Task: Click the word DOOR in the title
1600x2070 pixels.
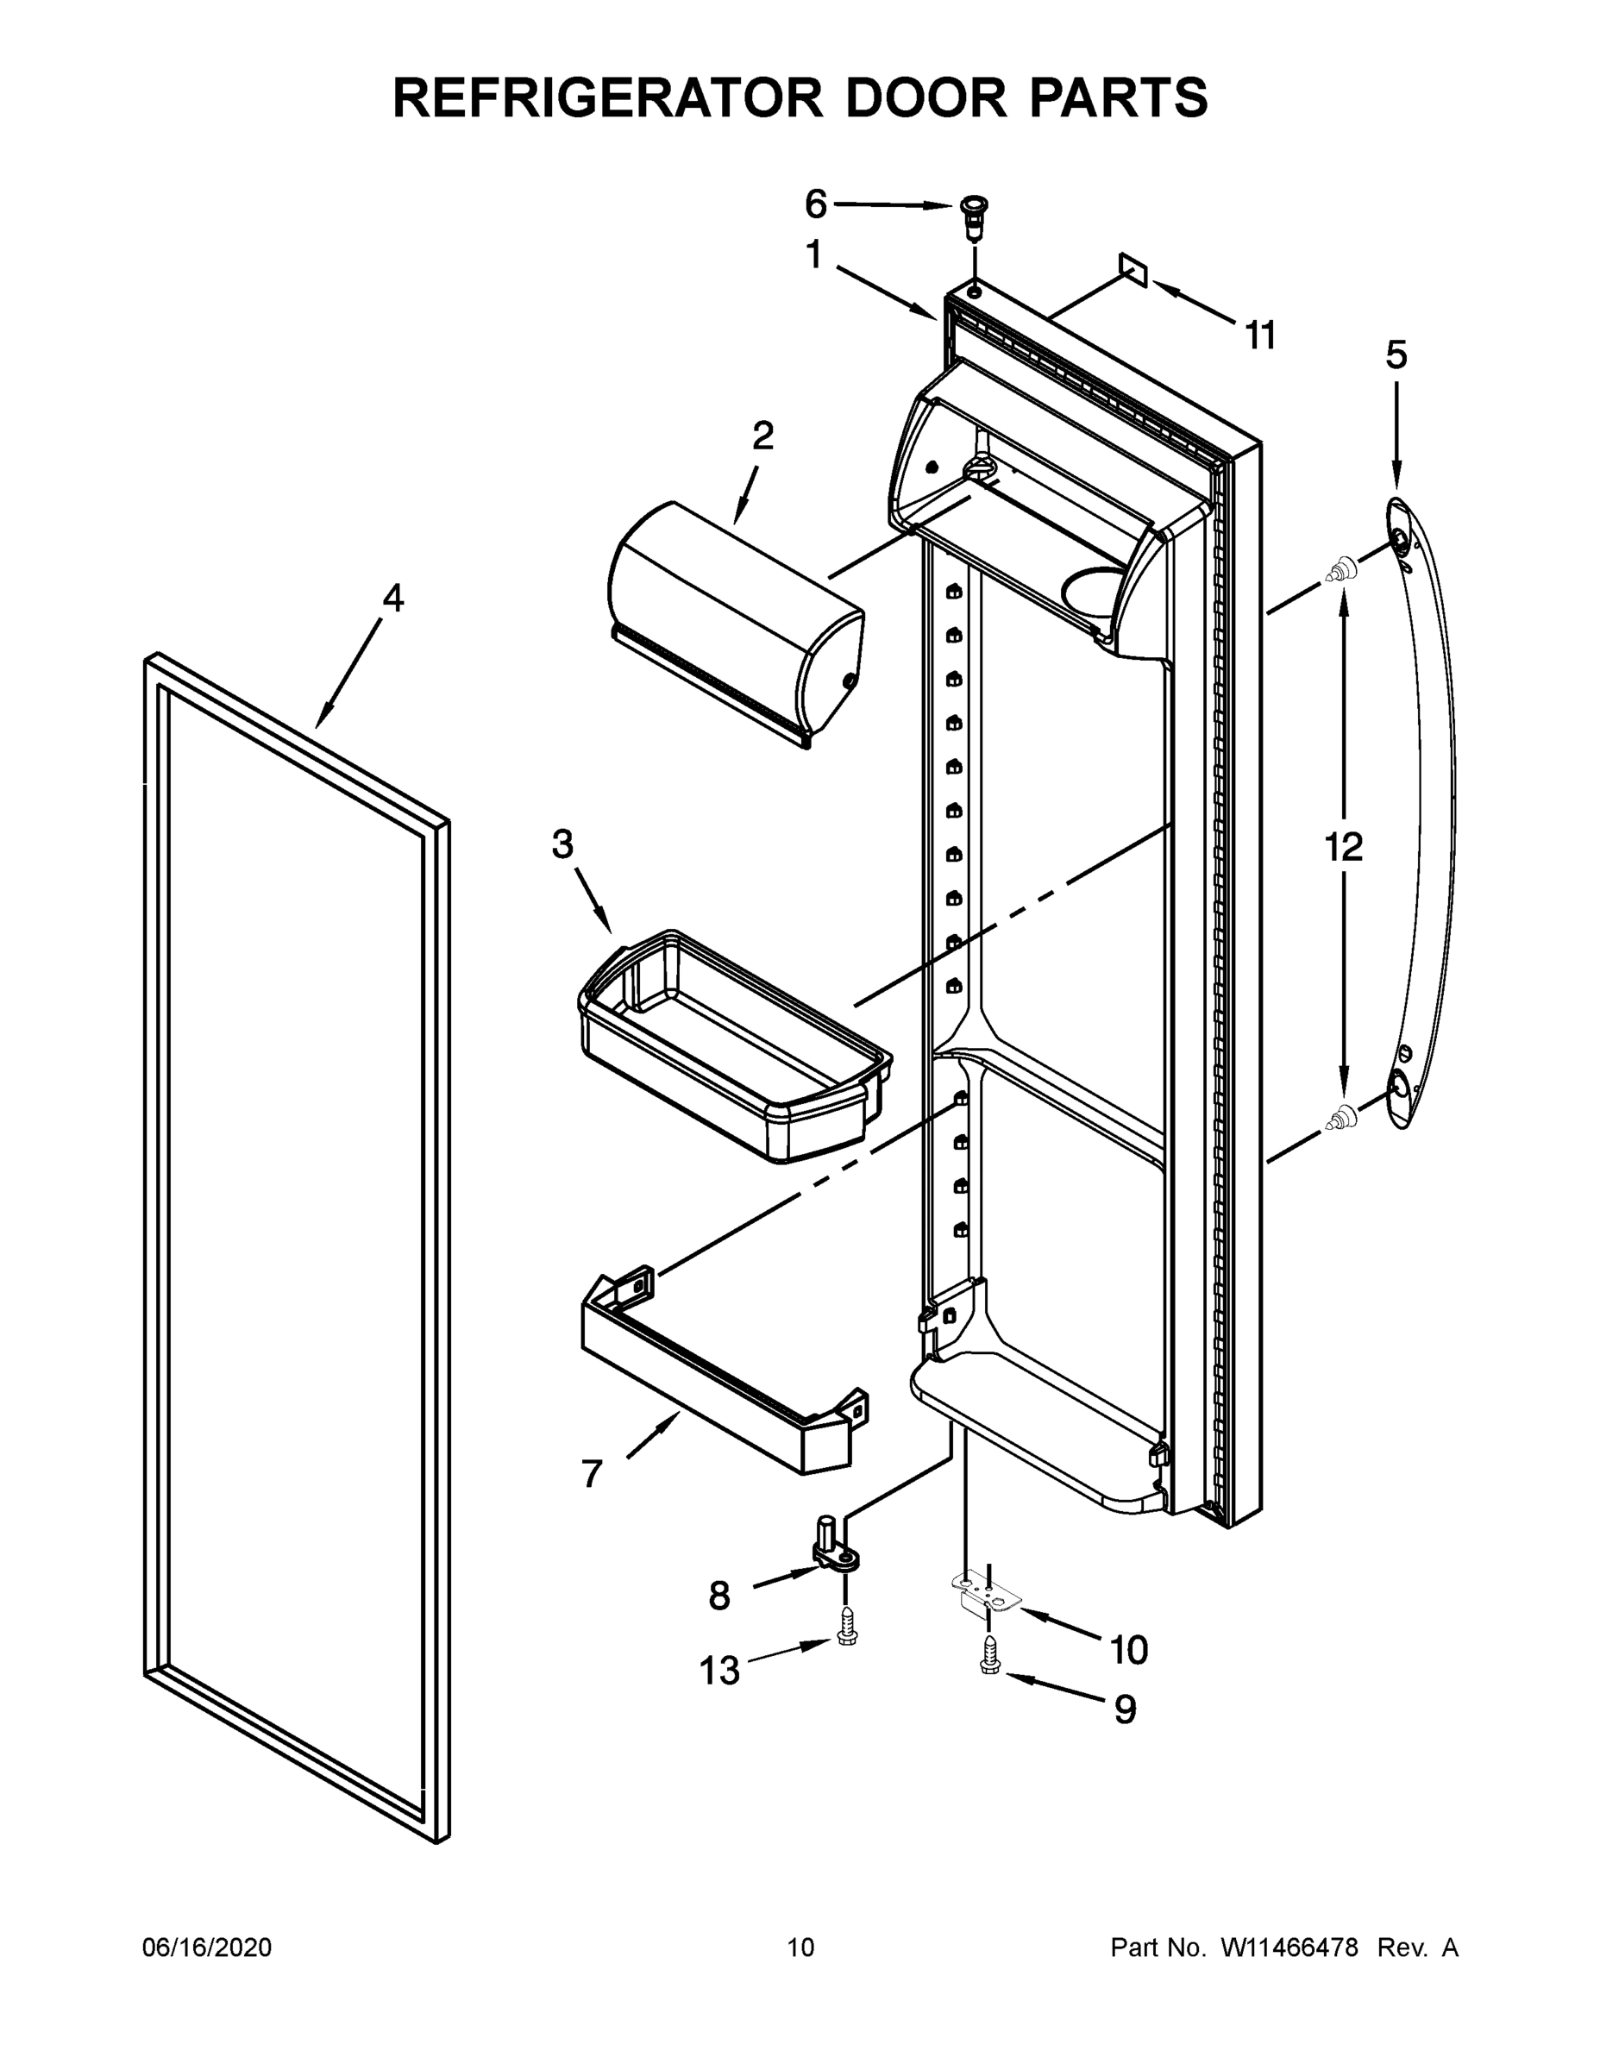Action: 925,97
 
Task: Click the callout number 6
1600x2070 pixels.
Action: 815,203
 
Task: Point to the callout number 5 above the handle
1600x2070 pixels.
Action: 1396,355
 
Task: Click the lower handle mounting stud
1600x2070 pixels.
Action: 1340,1119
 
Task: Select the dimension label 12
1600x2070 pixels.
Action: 1343,846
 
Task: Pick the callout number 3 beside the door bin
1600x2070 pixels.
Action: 563,844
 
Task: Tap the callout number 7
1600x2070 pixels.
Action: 592,1474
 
